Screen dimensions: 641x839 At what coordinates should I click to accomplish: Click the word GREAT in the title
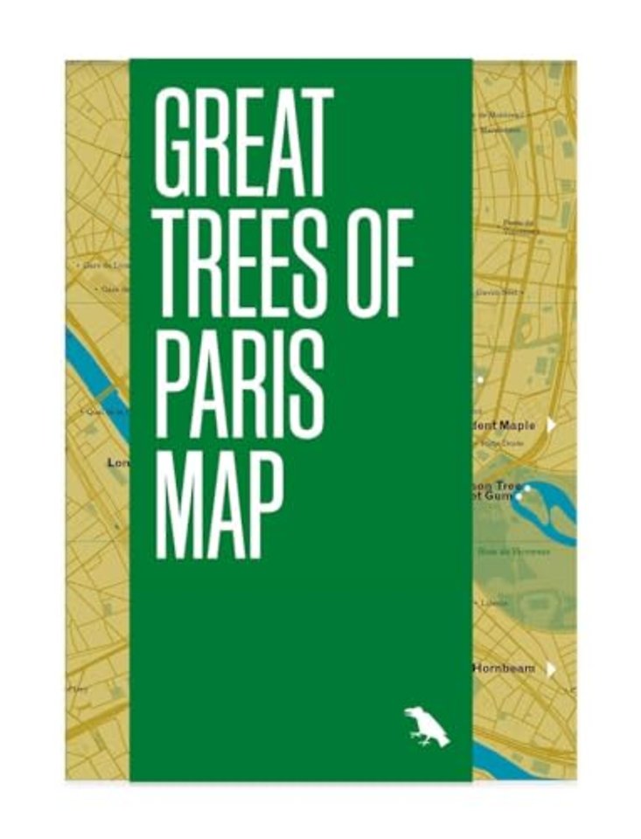[244, 144]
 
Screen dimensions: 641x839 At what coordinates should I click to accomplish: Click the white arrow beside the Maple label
[551, 426]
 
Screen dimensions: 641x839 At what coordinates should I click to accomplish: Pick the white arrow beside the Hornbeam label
[551, 669]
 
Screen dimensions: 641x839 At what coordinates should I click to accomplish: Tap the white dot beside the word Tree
[527, 488]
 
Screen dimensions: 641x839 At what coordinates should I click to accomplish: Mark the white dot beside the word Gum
[519, 496]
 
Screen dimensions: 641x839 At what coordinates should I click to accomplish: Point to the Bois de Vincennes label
[512, 551]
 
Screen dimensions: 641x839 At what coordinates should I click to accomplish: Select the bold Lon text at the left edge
[117, 461]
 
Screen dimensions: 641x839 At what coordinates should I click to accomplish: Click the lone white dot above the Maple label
[480, 380]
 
